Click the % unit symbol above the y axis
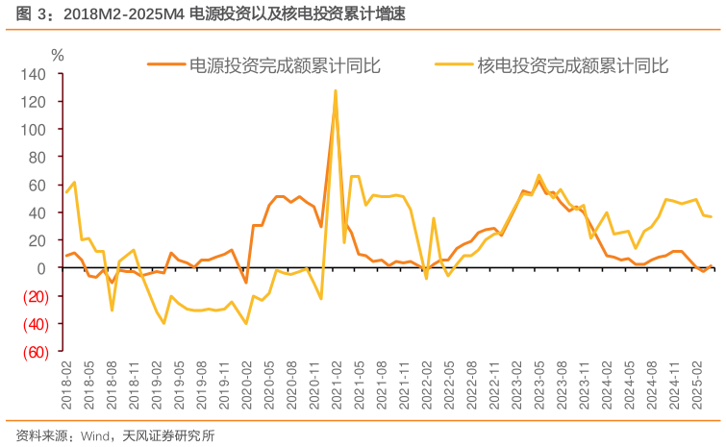click(x=57, y=55)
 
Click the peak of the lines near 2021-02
click(x=335, y=91)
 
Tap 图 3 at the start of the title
click(x=21, y=14)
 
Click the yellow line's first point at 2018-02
click(x=66, y=192)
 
